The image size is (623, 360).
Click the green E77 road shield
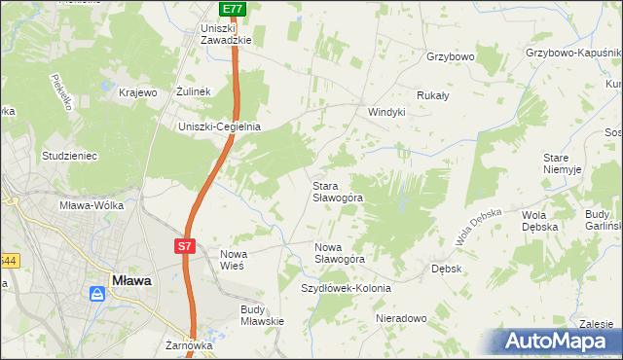[232, 9]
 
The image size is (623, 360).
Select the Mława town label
[130, 280]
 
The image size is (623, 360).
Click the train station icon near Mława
[99, 293]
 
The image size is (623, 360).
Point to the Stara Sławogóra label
[338, 191]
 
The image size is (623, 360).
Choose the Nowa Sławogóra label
[339, 253]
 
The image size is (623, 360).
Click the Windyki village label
[385, 112]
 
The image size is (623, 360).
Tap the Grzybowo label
[450, 56]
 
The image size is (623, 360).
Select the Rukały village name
[432, 95]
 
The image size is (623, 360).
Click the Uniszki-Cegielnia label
[219, 126]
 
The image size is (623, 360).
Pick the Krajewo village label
[137, 92]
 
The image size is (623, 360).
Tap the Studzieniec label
[67, 155]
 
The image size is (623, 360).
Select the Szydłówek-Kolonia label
[346, 289]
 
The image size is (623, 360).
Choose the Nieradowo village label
[399, 318]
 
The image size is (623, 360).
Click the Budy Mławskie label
[261, 314]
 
